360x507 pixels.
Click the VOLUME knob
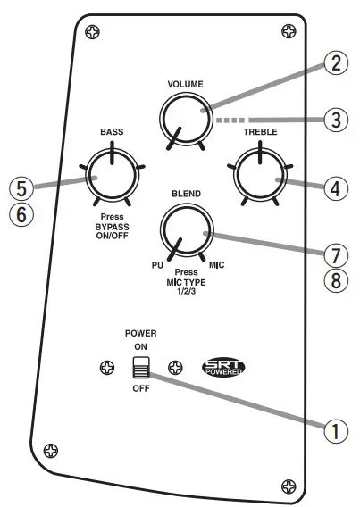tap(185, 117)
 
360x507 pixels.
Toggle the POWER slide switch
tap(138, 368)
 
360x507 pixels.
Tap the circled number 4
tap(334, 188)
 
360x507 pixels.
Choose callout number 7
tap(334, 253)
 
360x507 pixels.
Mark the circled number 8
tap(334, 280)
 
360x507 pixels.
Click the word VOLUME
tap(185, 84)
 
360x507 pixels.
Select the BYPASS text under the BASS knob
tap(112, 226)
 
